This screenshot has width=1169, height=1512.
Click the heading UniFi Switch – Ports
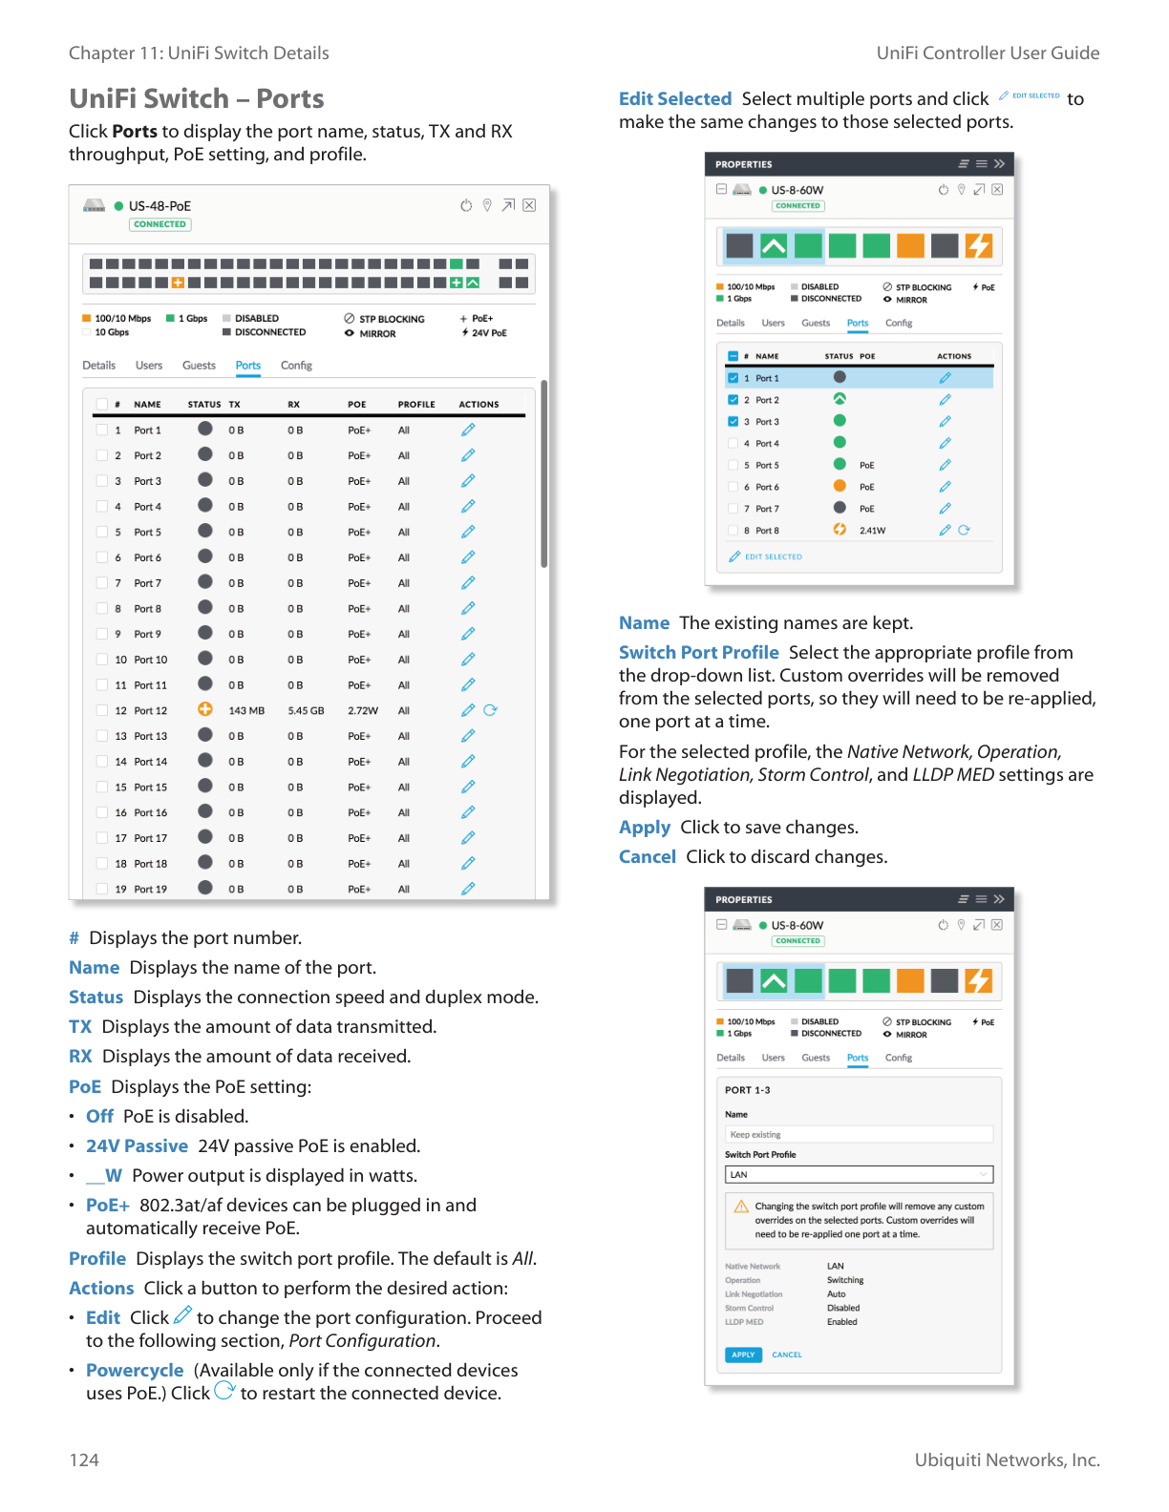coord(196,98)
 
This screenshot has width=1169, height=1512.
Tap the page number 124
coord(84,1459)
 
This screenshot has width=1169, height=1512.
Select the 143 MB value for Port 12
coord(246,711)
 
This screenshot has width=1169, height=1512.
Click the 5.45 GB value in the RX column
coord(306,711)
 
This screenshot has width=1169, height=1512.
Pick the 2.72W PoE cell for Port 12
coord(362,711)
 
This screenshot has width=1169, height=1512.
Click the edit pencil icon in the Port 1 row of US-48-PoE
coord(468,430)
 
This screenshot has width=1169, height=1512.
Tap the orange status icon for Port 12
coord(205,709)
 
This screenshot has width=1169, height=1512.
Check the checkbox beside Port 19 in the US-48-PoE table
coord(102,889)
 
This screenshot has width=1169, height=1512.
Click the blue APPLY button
coord(743,1354)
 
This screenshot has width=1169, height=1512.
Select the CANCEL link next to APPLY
coord(787,1354)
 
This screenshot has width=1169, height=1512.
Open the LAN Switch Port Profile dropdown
coord(859,1175)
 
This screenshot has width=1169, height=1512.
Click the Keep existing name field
coord(859,1135)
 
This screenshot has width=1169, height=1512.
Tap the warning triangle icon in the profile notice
coord(741,1207)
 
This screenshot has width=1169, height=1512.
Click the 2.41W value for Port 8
coord(872,531)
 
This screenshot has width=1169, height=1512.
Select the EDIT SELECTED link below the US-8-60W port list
coord(773,556)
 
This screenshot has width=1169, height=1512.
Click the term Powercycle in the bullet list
coord(135,1370)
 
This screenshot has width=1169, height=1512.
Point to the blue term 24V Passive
coord(137,1145)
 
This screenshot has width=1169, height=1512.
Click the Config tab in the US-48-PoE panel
coord(296,366)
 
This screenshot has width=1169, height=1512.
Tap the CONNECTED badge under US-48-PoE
coord(160,224)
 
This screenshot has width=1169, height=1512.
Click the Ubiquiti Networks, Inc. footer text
coord(1007,1459)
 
